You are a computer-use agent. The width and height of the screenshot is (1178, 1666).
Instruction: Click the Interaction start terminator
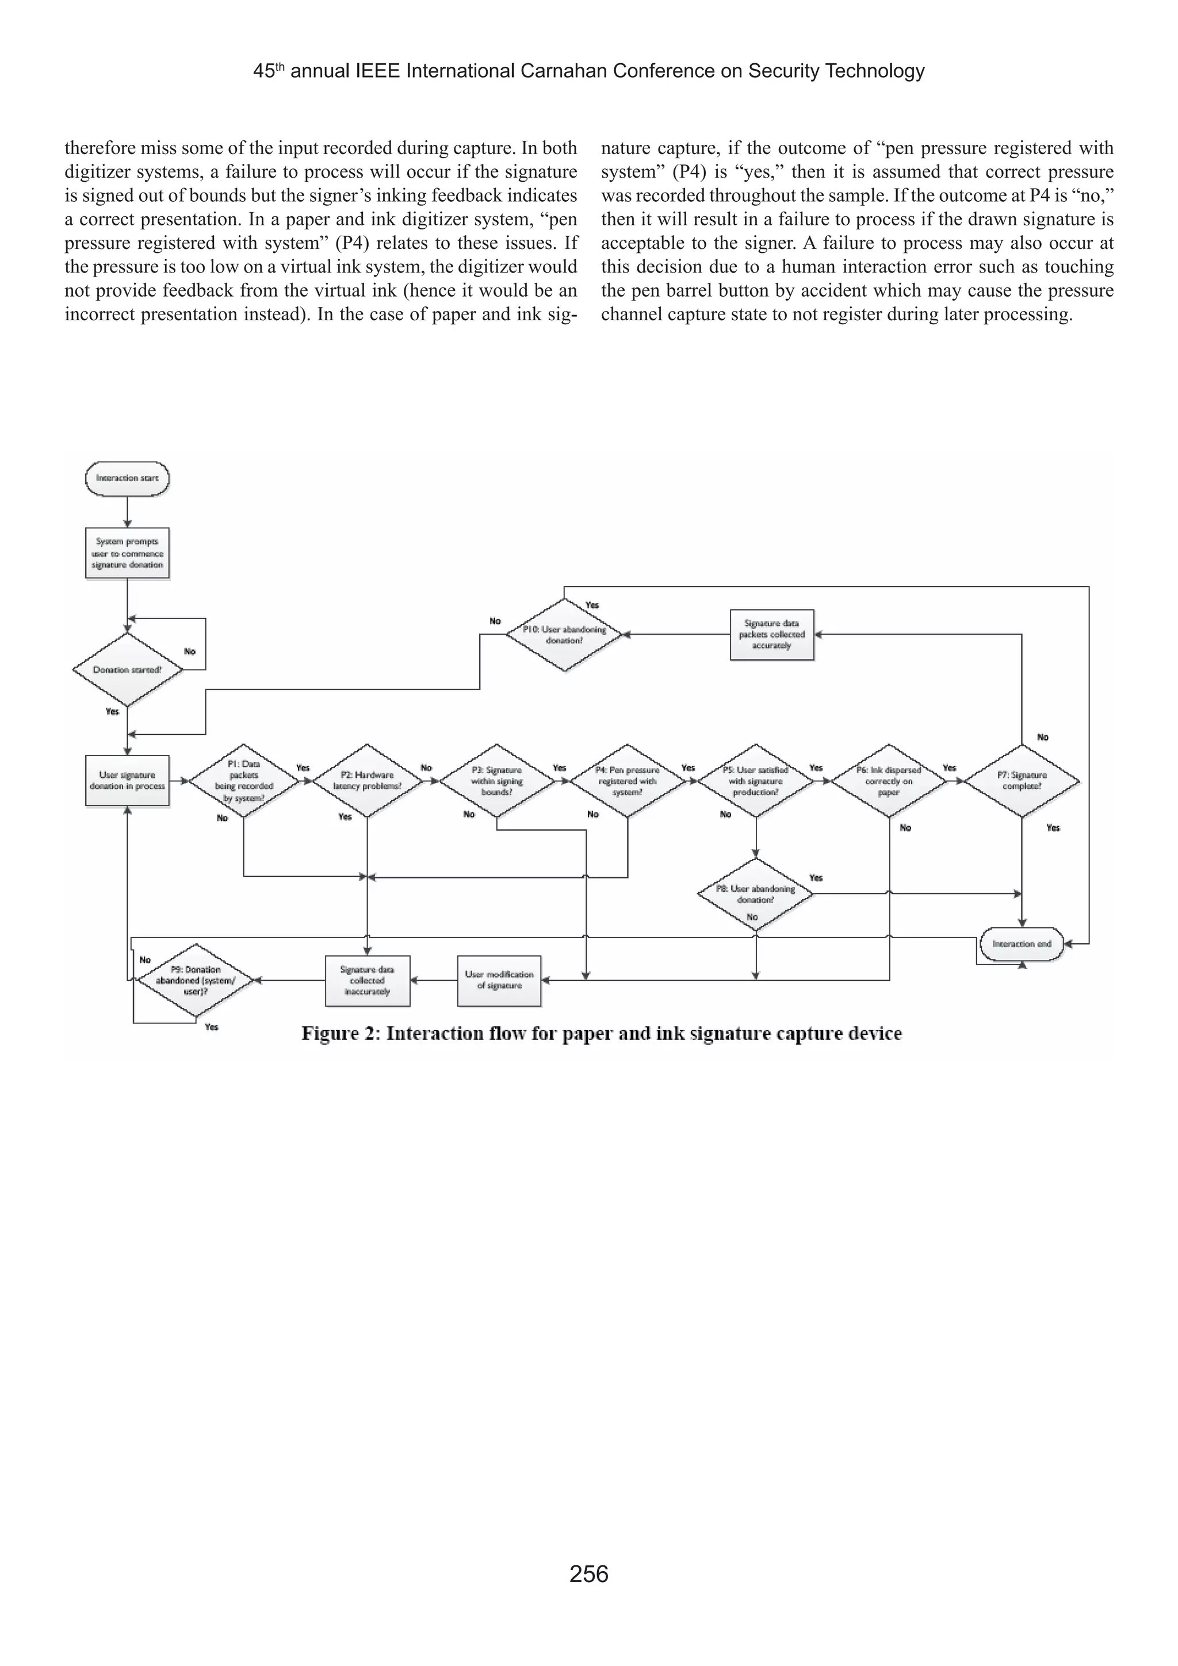coord(127,479)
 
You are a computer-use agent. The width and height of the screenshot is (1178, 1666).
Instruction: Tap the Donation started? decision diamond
coord(127,670)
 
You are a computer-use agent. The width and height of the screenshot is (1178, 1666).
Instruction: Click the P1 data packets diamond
coord(244,781)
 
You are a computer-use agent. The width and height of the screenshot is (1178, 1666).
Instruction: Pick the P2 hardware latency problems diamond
coord(368,781)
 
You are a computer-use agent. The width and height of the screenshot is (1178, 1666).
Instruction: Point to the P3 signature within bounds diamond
coord(496,781)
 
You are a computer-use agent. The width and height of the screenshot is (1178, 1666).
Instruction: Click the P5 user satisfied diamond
coord(756,781)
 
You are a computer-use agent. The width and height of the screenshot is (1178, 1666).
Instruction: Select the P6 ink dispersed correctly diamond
coord(889,781)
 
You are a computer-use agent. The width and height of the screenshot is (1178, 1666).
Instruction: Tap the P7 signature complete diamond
coord(1022,781)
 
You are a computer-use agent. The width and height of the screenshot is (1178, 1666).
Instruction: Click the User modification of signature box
coord(499,980)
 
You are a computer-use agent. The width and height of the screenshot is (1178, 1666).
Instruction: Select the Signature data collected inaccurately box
coord(368,980)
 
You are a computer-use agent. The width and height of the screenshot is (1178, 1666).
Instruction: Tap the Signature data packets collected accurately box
coord(771,635)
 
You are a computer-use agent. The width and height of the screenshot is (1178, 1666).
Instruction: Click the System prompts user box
coord(127,553)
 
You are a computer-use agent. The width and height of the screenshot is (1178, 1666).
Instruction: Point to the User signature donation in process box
coord(127,781)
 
